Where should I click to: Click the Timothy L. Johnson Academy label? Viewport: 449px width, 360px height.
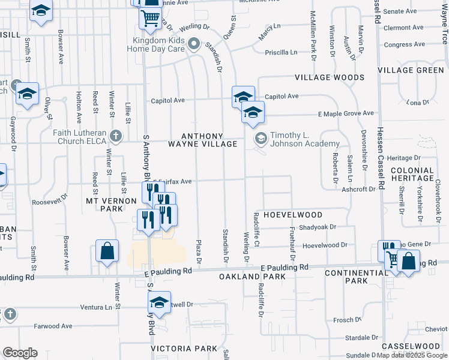tap(305, 140)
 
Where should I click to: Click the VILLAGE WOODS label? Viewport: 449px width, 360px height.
tap(329, 78)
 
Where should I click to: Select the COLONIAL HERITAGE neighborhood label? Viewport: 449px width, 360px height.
tap(412, 174)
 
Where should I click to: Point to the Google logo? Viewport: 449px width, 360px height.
tap(20, 353)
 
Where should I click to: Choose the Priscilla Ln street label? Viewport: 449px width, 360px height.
tap(281, 52)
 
